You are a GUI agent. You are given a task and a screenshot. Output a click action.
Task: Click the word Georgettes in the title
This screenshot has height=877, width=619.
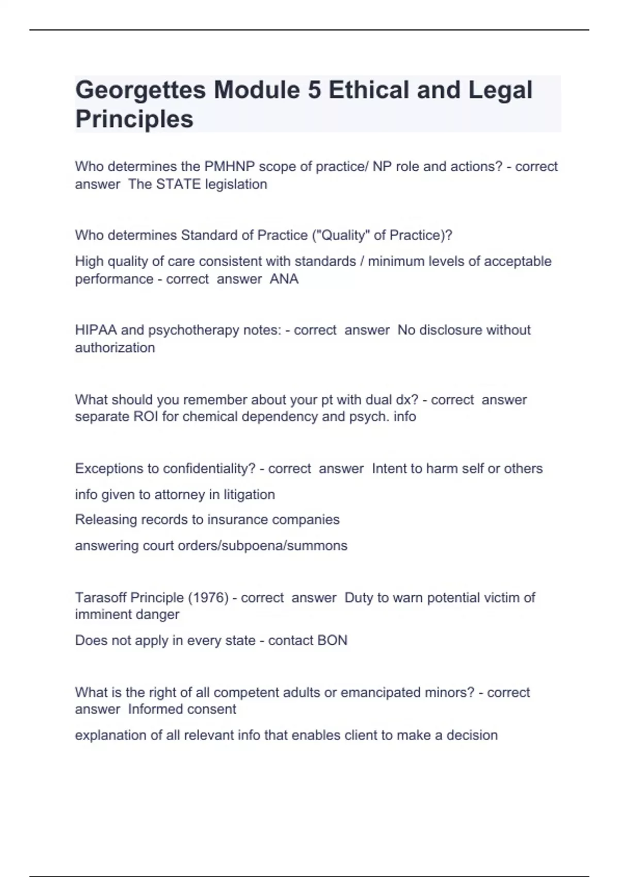pyautogui.click(x=140, y=90)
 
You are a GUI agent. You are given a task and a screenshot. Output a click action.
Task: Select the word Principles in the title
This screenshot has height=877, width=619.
pyautogui.click(x=134, y=119)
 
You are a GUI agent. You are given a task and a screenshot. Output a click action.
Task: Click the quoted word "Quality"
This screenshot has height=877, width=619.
pyautogui.click(x=341, y=235)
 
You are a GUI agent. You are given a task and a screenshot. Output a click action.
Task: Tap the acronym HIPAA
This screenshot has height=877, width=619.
pyautogui.click(x=96, y=330)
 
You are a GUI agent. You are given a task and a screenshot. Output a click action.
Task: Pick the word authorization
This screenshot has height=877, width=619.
pyautogui.click(x=115, y=348)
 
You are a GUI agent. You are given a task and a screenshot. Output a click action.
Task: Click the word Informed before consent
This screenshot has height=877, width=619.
pyautogui.click(x=153, y=709)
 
